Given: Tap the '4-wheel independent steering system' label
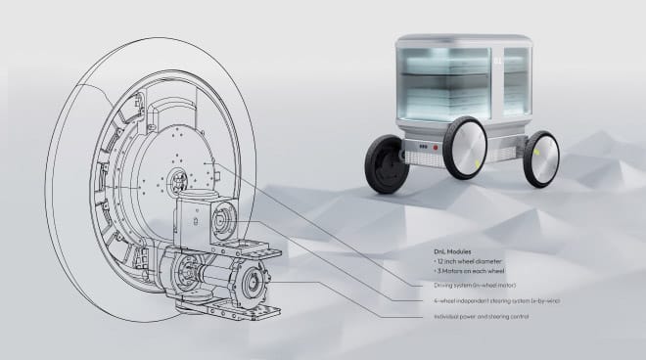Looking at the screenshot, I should pyautogui.click(x=474, y=300).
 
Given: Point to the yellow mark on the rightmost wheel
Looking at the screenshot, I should pyautogui.click(x=535, y=154).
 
